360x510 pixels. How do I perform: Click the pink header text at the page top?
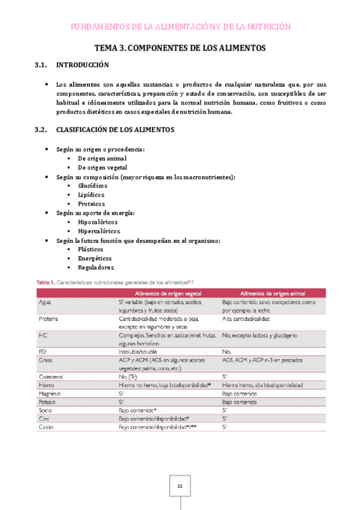pos(180,26)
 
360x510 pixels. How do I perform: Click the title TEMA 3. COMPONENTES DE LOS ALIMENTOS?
pos(180,48)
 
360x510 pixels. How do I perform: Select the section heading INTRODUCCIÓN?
pos(82,65)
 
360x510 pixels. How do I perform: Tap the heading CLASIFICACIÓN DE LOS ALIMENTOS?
pos(115,129)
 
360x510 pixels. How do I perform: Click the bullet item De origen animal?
pos(102,158)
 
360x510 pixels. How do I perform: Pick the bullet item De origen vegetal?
pos(103,168)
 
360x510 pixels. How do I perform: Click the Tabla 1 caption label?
pos(46,281)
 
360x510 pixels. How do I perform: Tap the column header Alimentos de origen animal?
pos(271,293)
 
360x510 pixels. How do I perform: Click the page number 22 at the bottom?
pos(180,486)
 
